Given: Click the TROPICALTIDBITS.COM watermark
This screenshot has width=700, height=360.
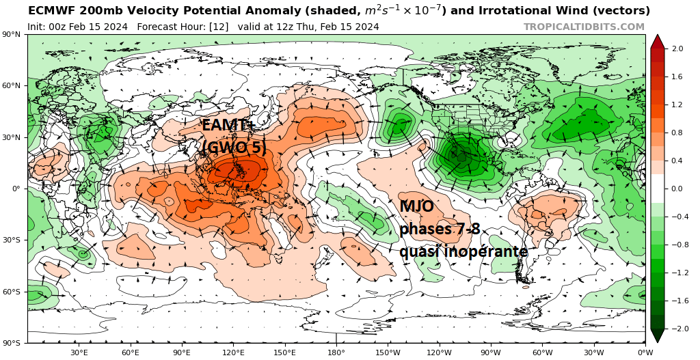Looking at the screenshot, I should pyautogui.click(x=584, y=27).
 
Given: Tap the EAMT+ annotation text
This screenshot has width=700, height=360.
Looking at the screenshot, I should pyautogui.click(x=227, y=125).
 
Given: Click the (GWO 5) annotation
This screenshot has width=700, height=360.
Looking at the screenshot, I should pyautogui.click(x=234, y=147).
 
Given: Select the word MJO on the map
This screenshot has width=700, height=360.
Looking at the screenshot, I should pyautogui.click(x=417, y=206).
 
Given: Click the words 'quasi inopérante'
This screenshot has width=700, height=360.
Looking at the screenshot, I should pyautogui.click(x=463, y=251).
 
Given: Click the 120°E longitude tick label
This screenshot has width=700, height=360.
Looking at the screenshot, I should pyautogui.click(x=233, y=352).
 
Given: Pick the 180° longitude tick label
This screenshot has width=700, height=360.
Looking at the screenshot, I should pyautogui.click(x=336, y=352).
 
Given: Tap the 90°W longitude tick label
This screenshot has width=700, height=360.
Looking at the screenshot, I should pyautogui.click(x=491, y=352).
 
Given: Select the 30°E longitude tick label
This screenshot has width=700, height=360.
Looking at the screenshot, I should pyautogui.click(x=79, y=352).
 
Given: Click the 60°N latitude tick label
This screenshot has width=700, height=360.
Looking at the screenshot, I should pyautogui.click(x=13, y=86).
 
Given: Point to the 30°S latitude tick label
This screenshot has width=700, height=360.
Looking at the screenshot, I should pyautogui.click(x=13, y=240).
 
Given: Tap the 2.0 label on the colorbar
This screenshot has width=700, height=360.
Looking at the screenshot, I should pyautogui.click(x=677, y=49).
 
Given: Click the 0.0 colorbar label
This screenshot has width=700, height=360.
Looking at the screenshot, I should pyautogui.click(x=677, y=189).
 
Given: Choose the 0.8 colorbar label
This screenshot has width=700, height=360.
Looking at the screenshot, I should pyautogui.click(x=677, y=133).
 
